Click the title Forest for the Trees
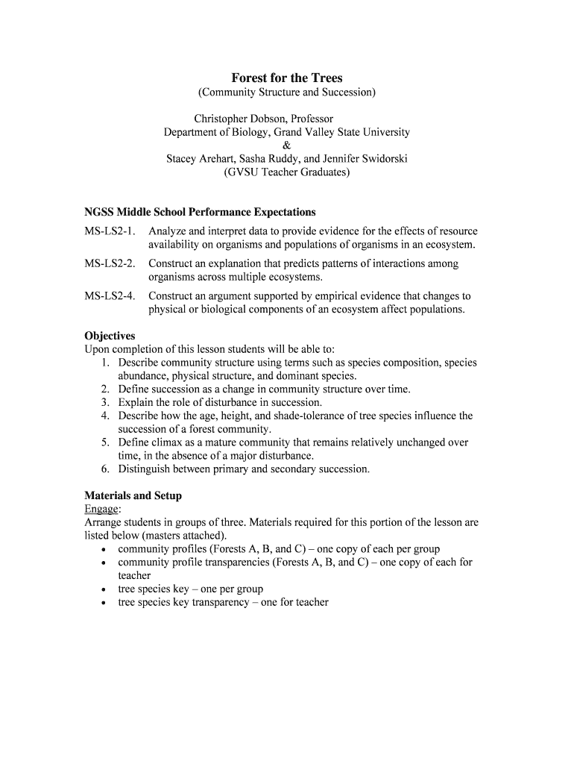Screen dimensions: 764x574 pyautogui.click(x=286, y=78)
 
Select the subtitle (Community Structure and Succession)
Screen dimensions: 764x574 pyautogui.click(x=286, y=93)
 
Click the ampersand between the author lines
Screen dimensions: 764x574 pyautogui.click(x=286, y=145)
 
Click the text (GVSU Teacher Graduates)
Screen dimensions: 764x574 pyautogui.click(x=286, y=172)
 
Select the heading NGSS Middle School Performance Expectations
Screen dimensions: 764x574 pyautogui.click(x=200, y=212)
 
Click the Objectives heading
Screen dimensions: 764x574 pyautogui.click(x=110, y=336)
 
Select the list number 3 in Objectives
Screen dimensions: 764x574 pyautogui.click(x=106, y=402)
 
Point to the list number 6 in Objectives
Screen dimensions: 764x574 pyautogui.click(x=106, y=469)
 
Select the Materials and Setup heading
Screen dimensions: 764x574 pyautogui.click(x=133, y=495)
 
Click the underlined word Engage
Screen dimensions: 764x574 pyautogui.click(x=101, y=509)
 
